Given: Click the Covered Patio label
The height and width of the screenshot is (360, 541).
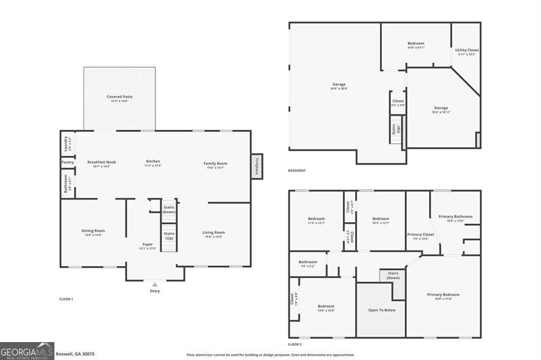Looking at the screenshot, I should (119, 97).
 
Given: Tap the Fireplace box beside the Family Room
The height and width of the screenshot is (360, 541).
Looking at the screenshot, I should (257, 166).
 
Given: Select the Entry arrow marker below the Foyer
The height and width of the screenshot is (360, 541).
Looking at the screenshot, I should (154, 285).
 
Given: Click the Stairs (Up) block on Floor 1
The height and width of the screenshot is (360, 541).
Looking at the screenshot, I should (169, 236).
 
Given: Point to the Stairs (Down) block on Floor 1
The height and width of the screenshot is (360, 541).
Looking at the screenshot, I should (169, 209).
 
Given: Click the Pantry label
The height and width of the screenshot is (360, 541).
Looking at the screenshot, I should (67, 162).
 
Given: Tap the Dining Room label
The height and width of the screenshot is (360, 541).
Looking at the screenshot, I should (93, 231).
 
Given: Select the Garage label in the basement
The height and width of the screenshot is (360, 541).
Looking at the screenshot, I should (339, 84).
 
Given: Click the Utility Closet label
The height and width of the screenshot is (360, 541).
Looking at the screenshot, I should (467, 50).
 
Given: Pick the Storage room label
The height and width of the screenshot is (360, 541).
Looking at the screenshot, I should (441, 108).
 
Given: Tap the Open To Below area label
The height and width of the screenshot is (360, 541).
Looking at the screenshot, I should (381, 310).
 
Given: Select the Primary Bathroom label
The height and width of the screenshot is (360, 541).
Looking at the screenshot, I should (455, 216).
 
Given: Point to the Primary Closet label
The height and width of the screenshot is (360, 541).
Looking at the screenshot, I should (421, 234).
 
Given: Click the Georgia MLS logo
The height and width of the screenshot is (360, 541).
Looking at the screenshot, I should (27, 350).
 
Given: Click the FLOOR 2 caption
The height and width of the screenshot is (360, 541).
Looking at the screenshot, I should (295, 344).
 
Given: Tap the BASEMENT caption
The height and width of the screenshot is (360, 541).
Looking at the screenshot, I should (296, 170).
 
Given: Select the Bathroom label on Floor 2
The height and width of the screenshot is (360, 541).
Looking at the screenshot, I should (307, 262).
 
